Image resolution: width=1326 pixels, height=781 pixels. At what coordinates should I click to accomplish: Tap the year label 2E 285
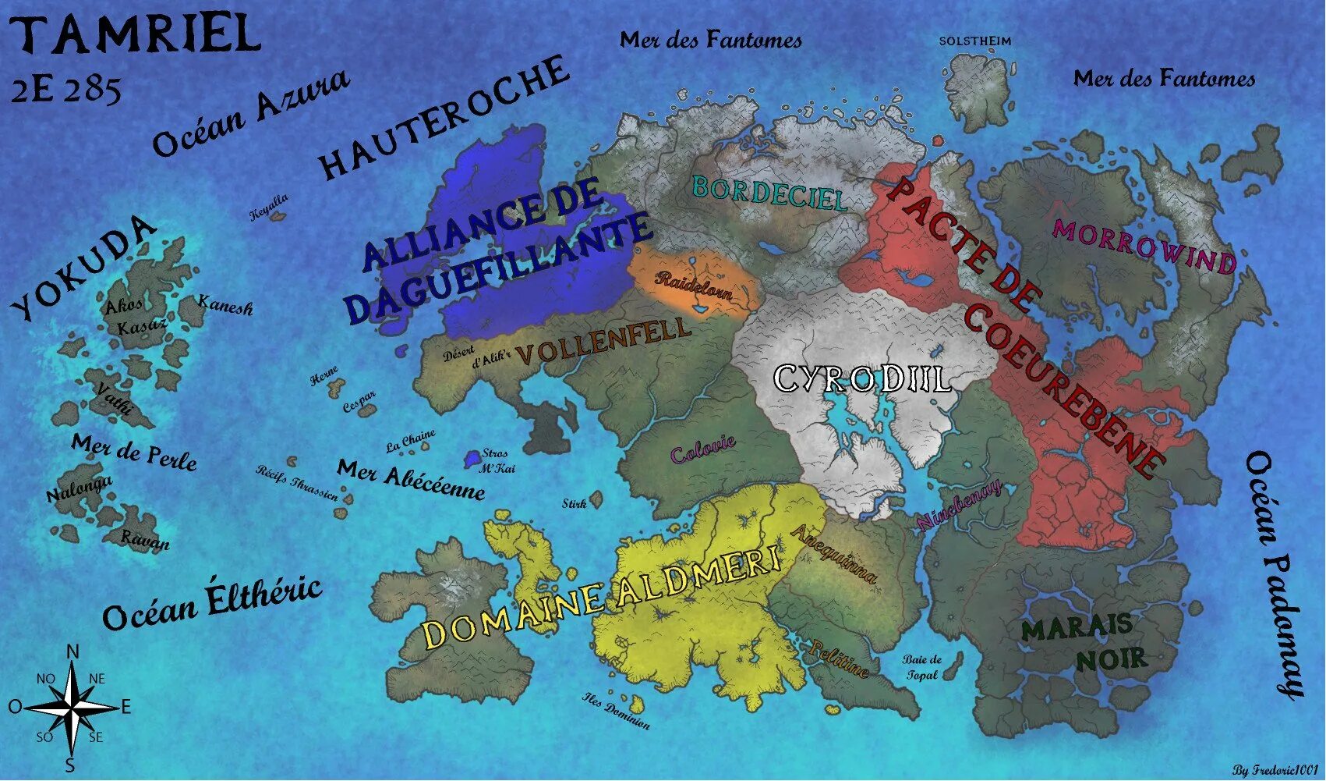[x=66, y=90]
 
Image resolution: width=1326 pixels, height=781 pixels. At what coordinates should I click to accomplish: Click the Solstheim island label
[x=974, y=41]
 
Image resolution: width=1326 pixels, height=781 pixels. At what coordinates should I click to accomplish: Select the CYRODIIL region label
[x=861, y=379]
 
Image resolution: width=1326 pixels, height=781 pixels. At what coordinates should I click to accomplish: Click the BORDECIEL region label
[x=769, y=192]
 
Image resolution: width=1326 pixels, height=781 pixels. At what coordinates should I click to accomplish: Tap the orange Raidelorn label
[x=694, y=286]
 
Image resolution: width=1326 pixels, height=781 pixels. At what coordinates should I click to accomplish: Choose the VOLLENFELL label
[x=603, y=341]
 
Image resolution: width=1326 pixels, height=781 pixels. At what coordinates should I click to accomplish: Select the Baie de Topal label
[x=922, y=667]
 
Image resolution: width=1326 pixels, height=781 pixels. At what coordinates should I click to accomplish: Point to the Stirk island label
[x=575, y=504]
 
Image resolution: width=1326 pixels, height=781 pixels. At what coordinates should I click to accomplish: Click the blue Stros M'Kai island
[x=472, y=458]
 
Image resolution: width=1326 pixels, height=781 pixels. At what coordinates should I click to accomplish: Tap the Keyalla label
[x=269, y=207]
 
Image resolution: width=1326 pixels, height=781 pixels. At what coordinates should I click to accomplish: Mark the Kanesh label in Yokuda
[x=225, y=305]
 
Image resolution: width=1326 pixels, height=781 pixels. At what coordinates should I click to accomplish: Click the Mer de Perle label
[x=134, y=452]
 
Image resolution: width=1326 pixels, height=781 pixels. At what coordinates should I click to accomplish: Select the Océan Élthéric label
[x=212, y=602]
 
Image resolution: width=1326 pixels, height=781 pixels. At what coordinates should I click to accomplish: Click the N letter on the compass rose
[x=72, y=651]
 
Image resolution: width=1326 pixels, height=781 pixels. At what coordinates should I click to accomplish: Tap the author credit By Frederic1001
[x=1276, y=770]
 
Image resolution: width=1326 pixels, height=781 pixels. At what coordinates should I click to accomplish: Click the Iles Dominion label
[x=616, y=711]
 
